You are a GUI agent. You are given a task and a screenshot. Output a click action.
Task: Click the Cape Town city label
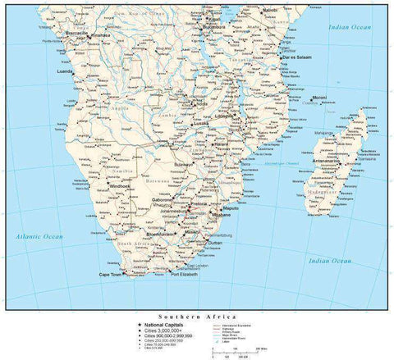point(109,274)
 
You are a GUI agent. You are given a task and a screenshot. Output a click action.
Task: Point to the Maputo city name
point(231,208)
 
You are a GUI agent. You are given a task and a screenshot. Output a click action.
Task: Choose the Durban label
point(215,243)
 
